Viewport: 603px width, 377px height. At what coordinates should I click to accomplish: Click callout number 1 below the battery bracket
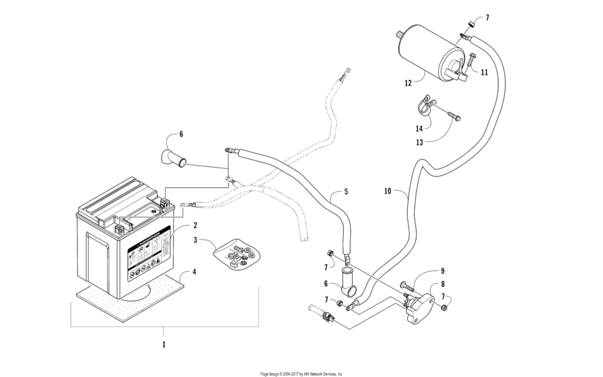click(x=163, y=343)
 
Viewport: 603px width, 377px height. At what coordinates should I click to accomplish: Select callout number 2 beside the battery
click(x=194, y=225)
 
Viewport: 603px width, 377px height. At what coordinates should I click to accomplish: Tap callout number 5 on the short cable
click(x=346, y=192)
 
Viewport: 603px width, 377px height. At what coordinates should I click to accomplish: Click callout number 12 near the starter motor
click(x=408, y=83)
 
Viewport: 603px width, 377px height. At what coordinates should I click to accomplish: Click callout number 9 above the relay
click(x=442, y=271)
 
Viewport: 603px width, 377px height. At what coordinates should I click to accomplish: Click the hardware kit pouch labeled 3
click(x=236, y=256)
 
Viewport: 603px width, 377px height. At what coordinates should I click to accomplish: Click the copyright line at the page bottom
click(x=301, y=373)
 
